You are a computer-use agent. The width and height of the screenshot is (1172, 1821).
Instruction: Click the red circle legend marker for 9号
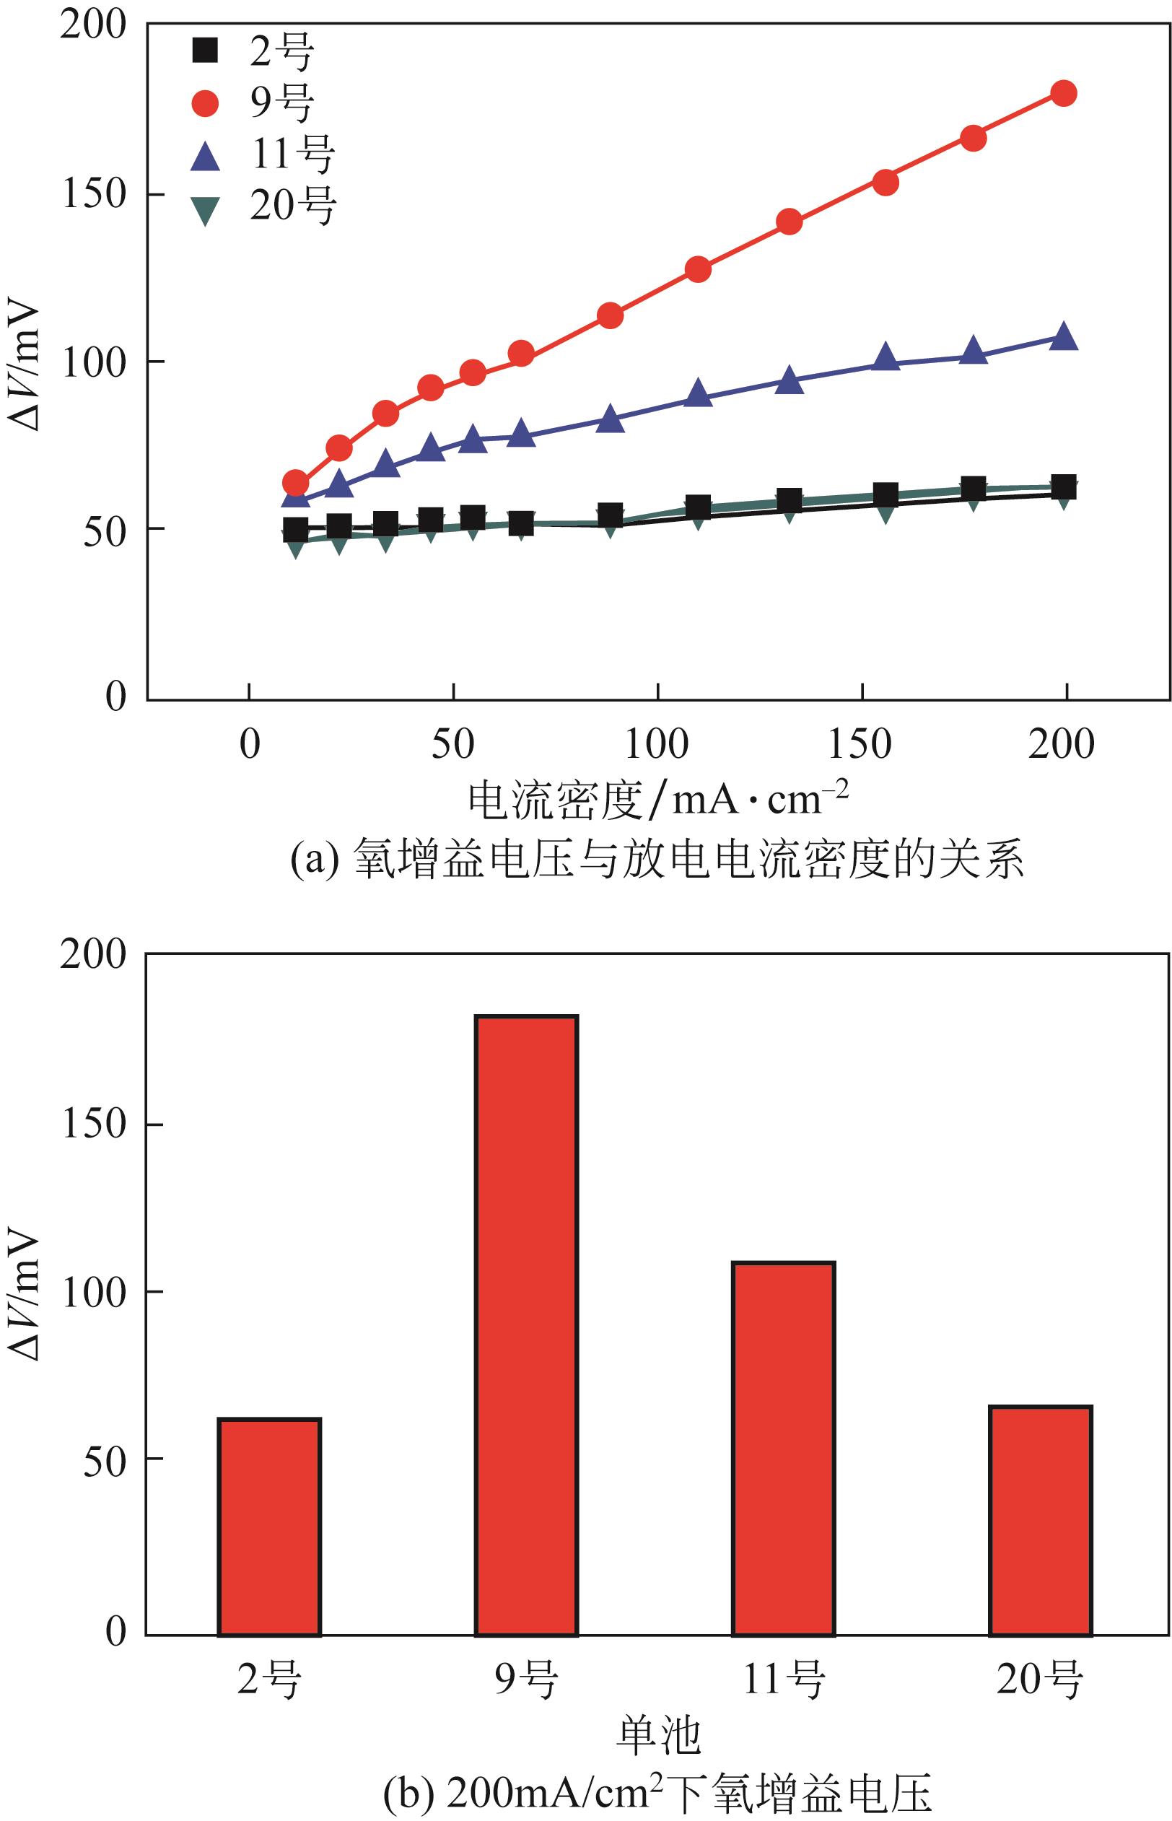(206, 102)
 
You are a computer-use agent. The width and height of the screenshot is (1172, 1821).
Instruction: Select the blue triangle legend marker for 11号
(206, 156)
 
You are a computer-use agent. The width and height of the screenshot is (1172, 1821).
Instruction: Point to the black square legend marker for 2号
(206, 52)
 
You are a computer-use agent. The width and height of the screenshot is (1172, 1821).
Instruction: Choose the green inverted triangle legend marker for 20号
(206, 209)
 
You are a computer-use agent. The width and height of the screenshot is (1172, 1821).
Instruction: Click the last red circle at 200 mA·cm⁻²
(1063, 94)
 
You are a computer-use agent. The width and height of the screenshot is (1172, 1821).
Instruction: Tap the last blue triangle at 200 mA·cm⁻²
(1063, 337)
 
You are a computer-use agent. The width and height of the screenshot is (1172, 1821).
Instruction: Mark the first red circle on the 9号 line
(295, 482)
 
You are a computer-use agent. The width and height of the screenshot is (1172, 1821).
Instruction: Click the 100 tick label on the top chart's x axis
(657, 743)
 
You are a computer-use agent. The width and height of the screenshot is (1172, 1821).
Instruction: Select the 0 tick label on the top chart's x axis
(250, 743)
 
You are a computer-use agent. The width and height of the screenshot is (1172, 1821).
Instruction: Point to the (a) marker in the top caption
(312, 860)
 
